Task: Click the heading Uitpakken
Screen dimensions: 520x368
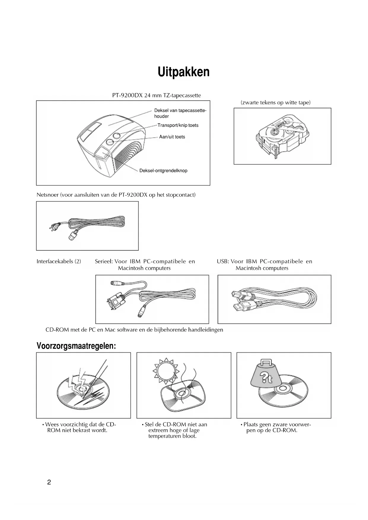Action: pos(184,72)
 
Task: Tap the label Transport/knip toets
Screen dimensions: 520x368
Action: pos(178,125)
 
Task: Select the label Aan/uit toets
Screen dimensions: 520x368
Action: pos(172,137)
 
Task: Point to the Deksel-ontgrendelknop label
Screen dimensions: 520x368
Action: pos(163,171)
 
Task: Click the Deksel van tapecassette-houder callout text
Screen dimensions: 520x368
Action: pos(180,113)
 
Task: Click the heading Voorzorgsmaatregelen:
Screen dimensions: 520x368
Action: pos(76,346)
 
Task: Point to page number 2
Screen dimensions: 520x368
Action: pos(49,482)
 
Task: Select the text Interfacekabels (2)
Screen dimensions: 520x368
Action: pos(59,261)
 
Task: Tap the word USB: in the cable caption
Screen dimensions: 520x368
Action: pos(223,261)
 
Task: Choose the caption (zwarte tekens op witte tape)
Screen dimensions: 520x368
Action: pos(275,103)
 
